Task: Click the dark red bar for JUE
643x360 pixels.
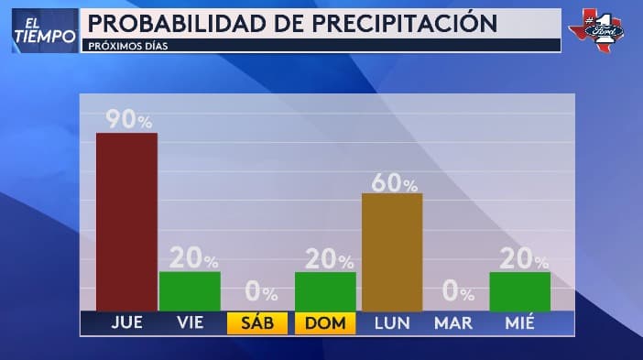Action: tap(126, 222)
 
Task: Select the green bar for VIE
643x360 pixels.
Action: tap(190, 291)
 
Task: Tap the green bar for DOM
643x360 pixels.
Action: tap(325, 291)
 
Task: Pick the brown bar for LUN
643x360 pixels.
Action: tap(392, 252)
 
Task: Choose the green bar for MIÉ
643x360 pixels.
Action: tap(519, 291)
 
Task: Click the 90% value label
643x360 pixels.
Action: tap(128, 120)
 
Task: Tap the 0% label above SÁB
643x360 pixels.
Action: tap(260, 293)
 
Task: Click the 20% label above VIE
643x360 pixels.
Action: tap(192, 260)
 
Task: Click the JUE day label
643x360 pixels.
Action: tap(126, 323)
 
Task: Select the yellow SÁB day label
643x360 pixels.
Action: tap(257, 323)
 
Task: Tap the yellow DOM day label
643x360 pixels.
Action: tap(325, 323)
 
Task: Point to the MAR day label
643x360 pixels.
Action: tap(453, 323)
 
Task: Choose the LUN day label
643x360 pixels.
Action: tap(392, 323)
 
